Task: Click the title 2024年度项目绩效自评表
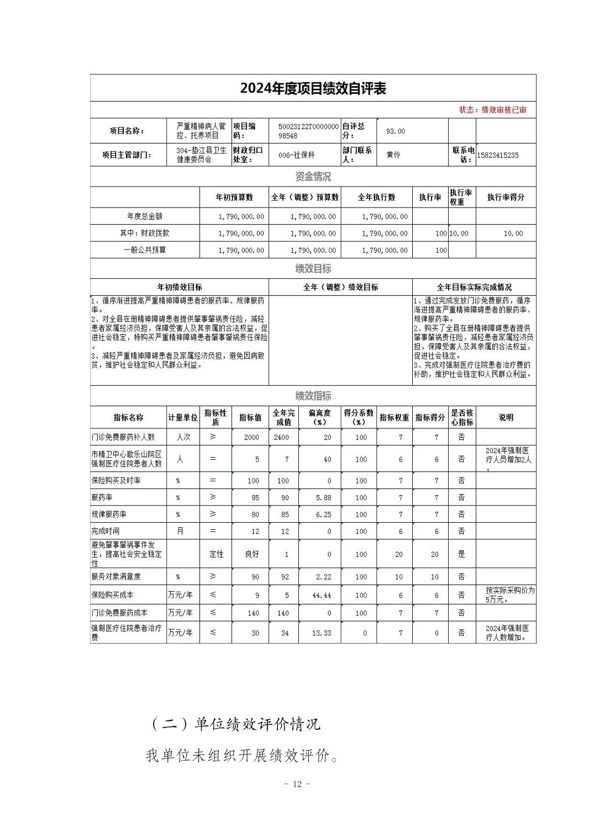tap(313, 88)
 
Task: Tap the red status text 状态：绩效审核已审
tap(492, 110)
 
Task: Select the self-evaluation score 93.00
tap(396, 131)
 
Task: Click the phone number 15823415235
tap(497, 155)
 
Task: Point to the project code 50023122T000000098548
tap(308, 131)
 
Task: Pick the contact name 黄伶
tap(393, 155)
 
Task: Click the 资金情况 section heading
tap(313, 177)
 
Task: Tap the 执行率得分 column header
tap(506, 197)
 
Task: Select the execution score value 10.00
tap(513, 233)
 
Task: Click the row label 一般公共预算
tap(145, 250)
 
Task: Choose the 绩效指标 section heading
tap(313, 396)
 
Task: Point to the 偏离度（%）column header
tap(319, 417)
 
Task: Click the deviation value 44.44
tap(322, 596)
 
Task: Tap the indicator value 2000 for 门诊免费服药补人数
tap(251, 437)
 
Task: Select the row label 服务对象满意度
tap(116, 577)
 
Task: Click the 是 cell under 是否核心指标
tap(461, 554)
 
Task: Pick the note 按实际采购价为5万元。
tap(509, 595)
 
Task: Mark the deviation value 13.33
tap(322, 633)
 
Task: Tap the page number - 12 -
tap(297, 784)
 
